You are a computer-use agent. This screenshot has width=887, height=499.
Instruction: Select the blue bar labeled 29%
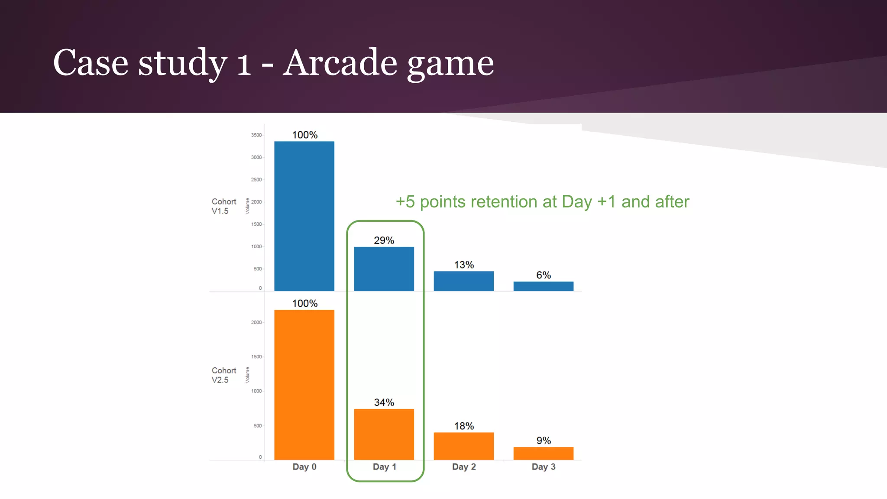[384, 269]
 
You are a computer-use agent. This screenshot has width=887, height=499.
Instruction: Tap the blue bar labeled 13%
[463, 281]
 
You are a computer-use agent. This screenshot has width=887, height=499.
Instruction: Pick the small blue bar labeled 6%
[543, 286]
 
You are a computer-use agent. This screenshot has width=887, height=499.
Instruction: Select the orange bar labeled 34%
[384, 434]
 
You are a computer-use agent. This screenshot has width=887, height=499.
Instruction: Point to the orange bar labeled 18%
[463, 446]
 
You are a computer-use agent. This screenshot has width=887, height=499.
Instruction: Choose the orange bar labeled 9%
[543, 453]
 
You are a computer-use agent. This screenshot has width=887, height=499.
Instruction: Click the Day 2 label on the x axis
[464, 467]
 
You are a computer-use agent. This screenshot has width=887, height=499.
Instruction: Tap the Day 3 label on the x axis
[544, 467]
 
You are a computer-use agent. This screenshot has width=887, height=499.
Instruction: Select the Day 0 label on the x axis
[304, 467]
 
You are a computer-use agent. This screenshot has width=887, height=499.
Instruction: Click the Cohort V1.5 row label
[223, 206]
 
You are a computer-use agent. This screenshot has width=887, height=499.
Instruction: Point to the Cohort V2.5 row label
[223, 375]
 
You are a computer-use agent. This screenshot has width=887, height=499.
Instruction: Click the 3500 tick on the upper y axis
[256, 135]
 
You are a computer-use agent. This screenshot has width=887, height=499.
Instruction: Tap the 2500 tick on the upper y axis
[256, 180]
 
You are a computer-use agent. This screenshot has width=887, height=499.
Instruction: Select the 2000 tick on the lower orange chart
[256, 322]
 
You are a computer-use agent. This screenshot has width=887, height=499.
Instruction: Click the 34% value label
[384, 402]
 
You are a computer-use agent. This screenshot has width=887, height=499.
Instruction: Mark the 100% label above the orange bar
[304, 303]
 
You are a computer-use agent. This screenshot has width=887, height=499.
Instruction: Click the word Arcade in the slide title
[340, 63]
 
